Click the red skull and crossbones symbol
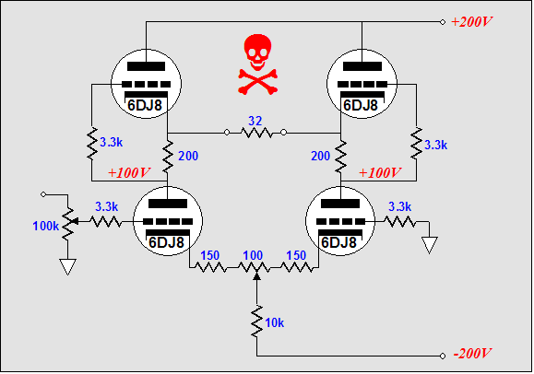(x=258, y=64)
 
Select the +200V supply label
(x=471, y=22)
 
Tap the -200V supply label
(x=472, y=354)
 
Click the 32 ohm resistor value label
(x=255, y=121)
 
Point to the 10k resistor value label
(x=274, y=322)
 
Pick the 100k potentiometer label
(x=45, y=226)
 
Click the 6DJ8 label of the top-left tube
(x=145, y=106)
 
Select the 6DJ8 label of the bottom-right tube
(x=338, y=242)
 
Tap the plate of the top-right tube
(x=362, y=66)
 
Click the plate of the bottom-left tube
(x=168, y=204)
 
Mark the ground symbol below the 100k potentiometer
(x=67, y=267)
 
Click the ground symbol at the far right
(x=429, y=245)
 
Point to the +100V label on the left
(x=129, y=173)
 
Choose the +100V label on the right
(x=379, y=173)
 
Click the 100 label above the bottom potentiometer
(x=253, y=255)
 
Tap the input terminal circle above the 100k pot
(x=43, y=194)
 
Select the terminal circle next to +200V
(x=443, y=22)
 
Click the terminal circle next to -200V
(x=443, y=356)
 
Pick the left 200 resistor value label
(x=188, y=156)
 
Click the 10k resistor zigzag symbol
(x=256, y=321)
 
